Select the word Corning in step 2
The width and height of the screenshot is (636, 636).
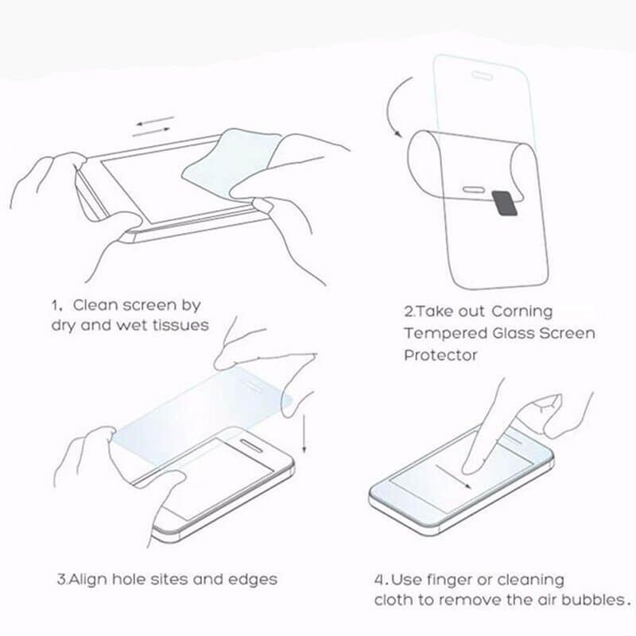(522, 312)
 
